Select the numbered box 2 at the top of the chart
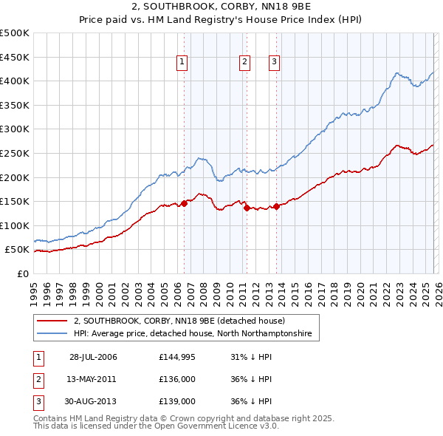[x=244, y=63]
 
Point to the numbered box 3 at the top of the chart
[x=274, y=63]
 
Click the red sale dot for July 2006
[x=184, y=204]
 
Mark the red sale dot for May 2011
[x=247, y=208]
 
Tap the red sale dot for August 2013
[x=276, y=206]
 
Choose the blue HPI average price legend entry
[x=193, y=334]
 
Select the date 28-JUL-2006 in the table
[x=93, y=358]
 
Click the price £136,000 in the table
[x=176, y=379]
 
